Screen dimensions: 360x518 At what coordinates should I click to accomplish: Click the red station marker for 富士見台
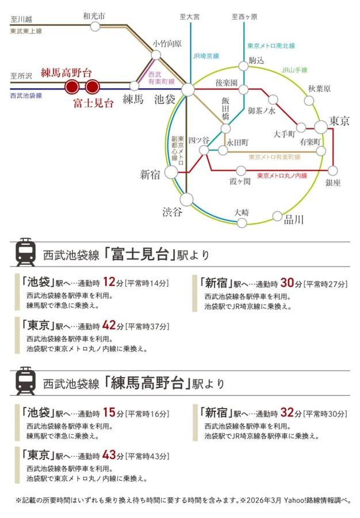click(x=92, y=87)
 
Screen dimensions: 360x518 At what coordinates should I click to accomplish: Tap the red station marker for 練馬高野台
click(x=72, y=87)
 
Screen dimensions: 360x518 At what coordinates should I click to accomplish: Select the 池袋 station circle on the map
click(x=187, y=89)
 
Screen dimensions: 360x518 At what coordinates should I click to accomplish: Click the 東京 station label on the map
click(x=339, y=121)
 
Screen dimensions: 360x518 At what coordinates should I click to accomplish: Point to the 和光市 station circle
click(x=95, y=26)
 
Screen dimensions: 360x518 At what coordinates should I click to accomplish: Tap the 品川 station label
click(x=294, y=219)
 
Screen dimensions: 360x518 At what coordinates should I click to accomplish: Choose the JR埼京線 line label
click(x=206, y=56)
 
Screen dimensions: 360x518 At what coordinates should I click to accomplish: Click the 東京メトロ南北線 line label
click(x=271, y=46)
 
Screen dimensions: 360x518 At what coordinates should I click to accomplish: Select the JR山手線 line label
click(x=294, y=70)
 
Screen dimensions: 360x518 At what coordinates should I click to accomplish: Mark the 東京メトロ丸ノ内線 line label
click(x=282, y=176)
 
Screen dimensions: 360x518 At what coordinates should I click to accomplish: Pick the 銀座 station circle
click(x=332, y=170)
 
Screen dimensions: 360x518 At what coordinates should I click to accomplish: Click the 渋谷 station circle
click(x=186, y=200)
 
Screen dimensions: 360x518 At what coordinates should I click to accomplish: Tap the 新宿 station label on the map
click(x=150, y=174)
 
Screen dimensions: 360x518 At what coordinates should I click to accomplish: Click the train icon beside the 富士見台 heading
click(x=25, y=252)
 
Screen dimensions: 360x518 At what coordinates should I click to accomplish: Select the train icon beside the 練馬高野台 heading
click(x=25, y=380)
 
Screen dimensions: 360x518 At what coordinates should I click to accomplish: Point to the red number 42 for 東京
click(x=109, y=325)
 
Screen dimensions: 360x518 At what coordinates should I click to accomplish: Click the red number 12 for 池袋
click(x=109, y=282)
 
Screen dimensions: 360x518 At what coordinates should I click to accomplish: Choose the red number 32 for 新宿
click(x=287, y=412)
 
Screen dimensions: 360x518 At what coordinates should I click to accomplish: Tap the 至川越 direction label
click(x=21, y=19)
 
